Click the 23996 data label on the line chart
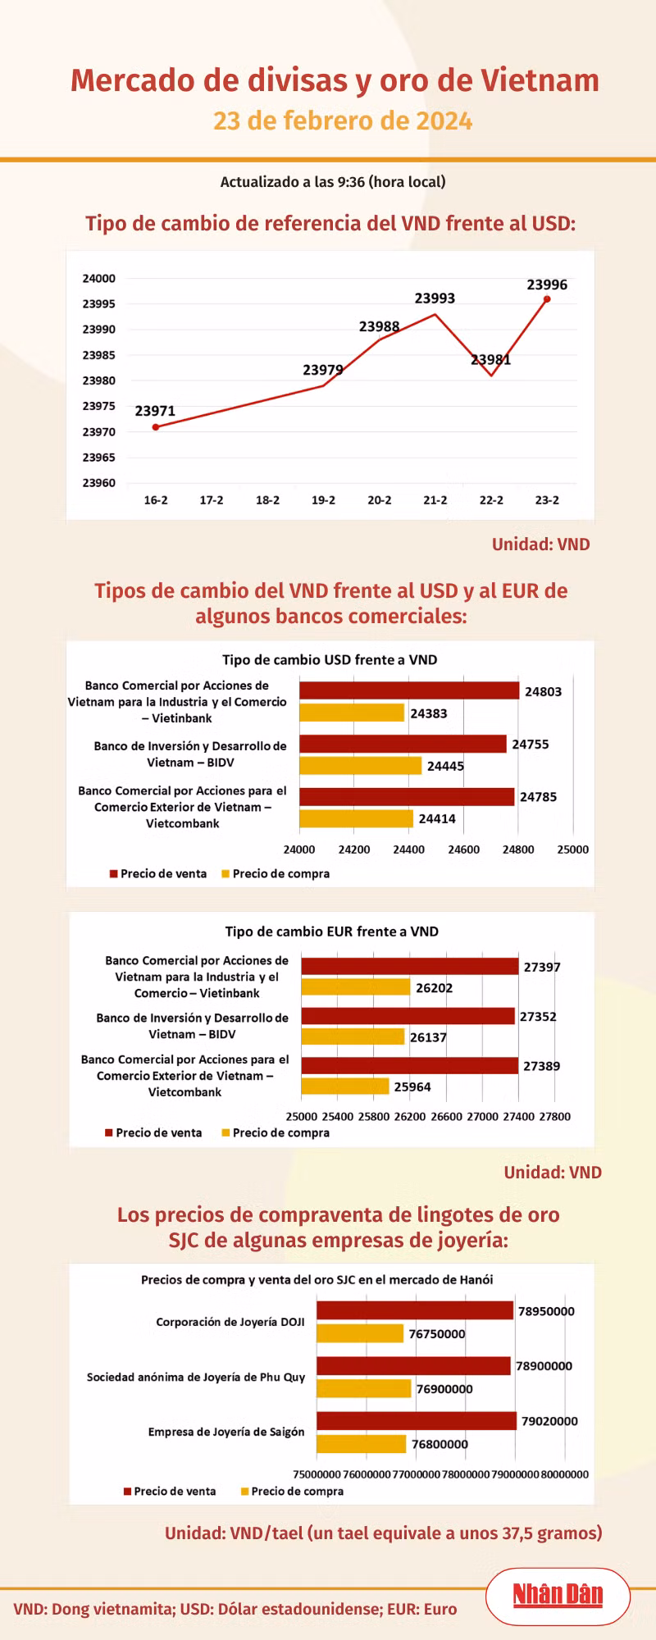tap(547, 285)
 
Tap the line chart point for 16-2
tap(156, 427)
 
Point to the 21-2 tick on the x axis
tap(435, 500)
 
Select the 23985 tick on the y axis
tap(98, 355)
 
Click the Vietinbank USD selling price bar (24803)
tap(409, 691)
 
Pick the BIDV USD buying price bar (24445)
tap(360, 766)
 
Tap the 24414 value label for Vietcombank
tap(437, 818)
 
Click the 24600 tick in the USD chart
tap(464, 850)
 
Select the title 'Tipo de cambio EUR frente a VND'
tap(332, 932)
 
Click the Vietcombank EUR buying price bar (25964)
tap(345, 1086)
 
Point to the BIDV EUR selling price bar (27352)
tap(408, 1016)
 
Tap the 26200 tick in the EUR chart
tap(410, 1117)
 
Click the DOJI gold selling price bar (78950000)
tap(415, 1310)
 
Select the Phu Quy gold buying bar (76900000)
tap(364, 1388)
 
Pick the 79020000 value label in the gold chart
tap(549, 1421)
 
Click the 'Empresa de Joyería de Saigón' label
tap(226, 1432)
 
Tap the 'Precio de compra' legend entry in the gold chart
tap(292, 1492)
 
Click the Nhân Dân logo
tap(558, 1595)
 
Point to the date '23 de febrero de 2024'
tap(343, 121)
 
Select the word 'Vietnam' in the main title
tap(540, 80)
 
